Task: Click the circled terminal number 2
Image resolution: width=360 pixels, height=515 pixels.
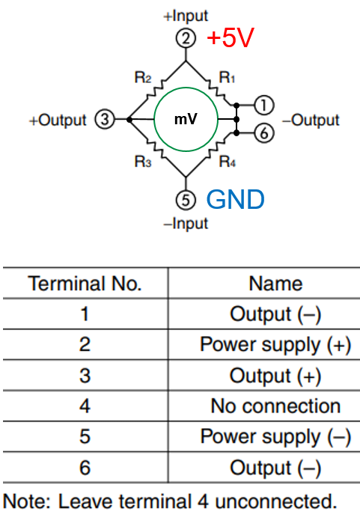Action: coord(186,38)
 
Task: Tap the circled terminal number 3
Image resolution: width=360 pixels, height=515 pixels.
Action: coord(105,119)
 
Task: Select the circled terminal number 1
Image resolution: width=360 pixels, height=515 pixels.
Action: coord(263,105)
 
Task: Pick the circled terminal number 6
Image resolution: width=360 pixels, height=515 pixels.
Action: coord(263,133)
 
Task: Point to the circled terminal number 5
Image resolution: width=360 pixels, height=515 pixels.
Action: coord(186,200)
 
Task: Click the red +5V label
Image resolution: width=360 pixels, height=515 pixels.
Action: coord(231,37)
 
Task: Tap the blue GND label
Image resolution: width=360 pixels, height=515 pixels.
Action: coord(235,199)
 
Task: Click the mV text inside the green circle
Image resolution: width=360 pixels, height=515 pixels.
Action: coord(186,119)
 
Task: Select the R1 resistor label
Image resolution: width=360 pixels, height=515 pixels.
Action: coord(227,78)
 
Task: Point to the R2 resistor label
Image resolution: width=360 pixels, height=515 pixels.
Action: coord(143,78)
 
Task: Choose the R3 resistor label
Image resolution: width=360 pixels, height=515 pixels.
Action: coord(143,162)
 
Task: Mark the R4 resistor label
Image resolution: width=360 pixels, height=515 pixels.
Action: coord(228,162)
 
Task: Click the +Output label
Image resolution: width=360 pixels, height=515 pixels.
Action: coord(58,121)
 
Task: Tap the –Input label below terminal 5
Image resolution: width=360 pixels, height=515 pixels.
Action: coord(186,223)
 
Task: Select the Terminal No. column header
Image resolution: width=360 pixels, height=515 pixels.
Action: coord(85,284)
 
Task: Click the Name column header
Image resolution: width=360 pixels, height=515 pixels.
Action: coord(275,284)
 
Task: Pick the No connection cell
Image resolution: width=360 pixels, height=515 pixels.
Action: coord(275,406)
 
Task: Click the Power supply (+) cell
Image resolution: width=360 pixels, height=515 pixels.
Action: coord(275,345)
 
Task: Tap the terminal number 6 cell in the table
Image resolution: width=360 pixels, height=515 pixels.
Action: coord(85,468)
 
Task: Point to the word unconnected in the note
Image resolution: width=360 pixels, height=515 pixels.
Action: coord(276,502)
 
